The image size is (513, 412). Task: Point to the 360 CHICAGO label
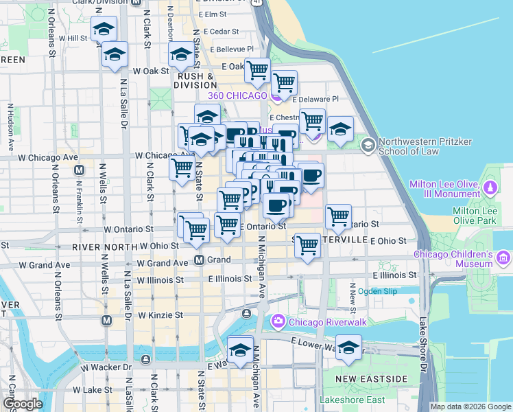pos(238,95)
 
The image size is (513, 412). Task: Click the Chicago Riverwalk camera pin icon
pos(278,321)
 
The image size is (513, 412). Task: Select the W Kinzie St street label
pos(160,315)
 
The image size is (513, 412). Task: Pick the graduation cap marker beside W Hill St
pos(104,29)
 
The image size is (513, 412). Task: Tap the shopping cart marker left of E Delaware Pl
pos(283,83)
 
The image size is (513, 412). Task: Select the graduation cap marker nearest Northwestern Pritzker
pos(340,129)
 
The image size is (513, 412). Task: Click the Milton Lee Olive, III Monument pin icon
pos(490,187)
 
